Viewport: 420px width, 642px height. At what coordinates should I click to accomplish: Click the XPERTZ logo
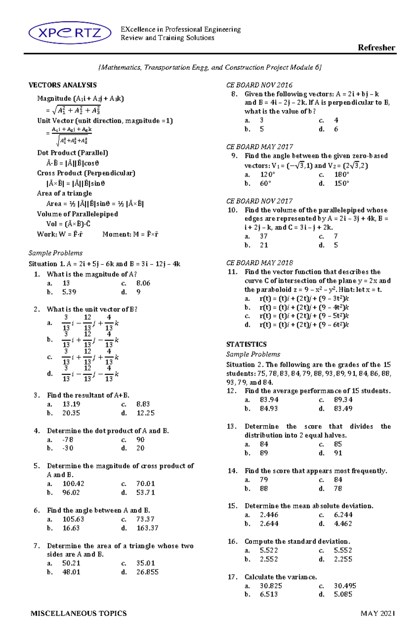click(x=70, y=33)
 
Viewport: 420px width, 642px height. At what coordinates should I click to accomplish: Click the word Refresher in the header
click(x=376, y=48)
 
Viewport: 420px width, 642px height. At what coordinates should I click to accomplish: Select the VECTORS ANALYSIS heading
click(x=63, y=85)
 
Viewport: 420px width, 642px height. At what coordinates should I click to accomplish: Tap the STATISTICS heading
click(x=246, y=344)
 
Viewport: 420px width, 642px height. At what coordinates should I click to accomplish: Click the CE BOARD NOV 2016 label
click(x=259, y=85)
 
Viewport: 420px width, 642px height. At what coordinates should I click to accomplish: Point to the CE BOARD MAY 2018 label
click(x=260, y=263)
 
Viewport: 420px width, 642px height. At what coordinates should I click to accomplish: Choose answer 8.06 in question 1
click(x=143, y=283)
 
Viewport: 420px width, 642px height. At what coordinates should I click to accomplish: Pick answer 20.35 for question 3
click(x=71, y=413)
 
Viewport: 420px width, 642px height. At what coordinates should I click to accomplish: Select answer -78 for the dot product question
click(x=68, y=439)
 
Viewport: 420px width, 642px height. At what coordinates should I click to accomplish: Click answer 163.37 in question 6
click(x=147, y=528)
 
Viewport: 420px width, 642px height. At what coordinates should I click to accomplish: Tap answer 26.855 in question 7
click(x=147, y=572)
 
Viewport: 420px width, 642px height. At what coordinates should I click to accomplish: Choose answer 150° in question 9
click(x=342, y=183)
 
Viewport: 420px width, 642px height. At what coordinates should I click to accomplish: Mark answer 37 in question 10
click(x=264, y=236)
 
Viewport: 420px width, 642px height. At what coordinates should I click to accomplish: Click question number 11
click(x=232, y=272)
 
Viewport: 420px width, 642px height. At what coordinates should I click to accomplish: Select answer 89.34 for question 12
click(x=343, y=400)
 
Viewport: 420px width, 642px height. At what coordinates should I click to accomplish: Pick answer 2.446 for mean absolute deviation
click(x=269, y=515)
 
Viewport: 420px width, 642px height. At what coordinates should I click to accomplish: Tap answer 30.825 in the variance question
click(x=271, y=586)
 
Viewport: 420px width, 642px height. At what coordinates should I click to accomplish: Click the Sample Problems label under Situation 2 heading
click(x=253, y=354)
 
